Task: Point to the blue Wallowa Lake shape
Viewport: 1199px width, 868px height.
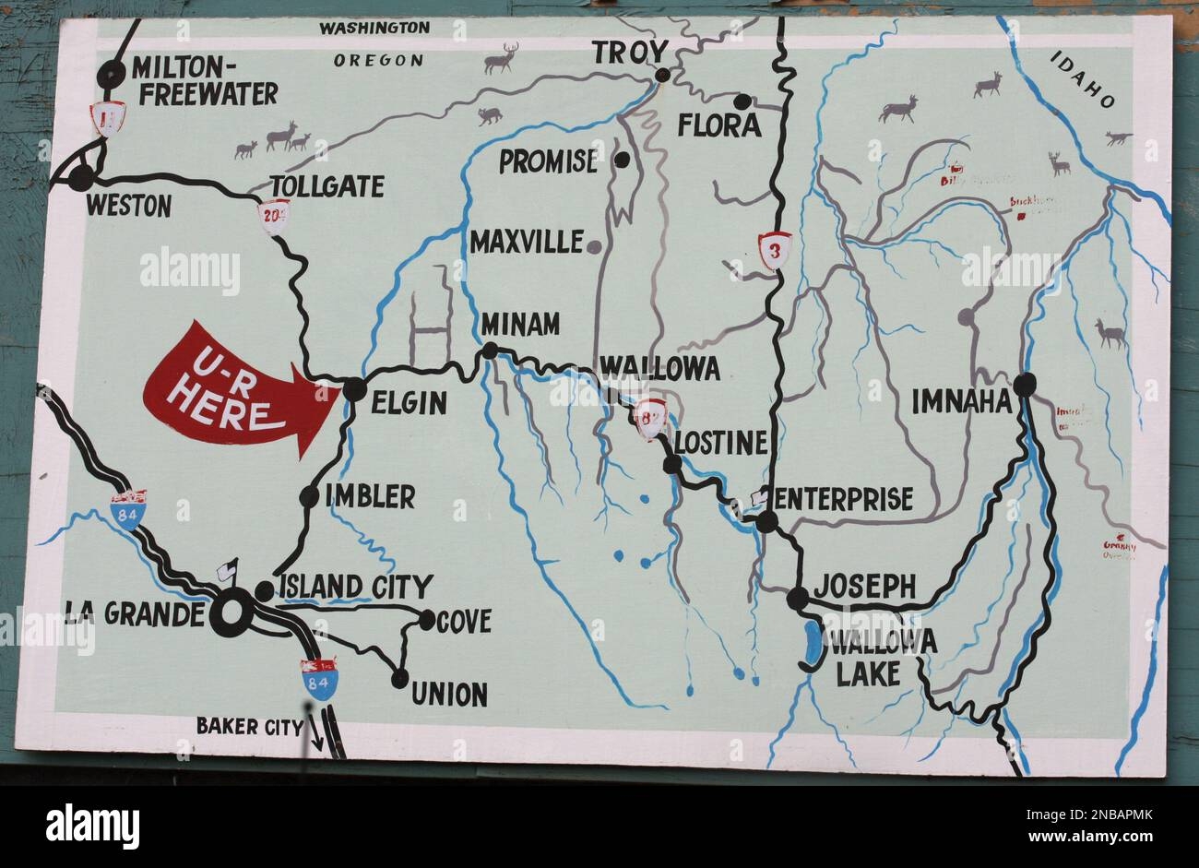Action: click(x=813, y=645)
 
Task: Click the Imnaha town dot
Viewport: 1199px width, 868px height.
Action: click(x=1024, y=384)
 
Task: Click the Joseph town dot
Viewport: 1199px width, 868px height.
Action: click(x=797, y=599)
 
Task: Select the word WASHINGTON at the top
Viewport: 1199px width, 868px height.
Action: click(x=374, y=28)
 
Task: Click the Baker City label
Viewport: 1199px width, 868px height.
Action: click(x=249, y=726)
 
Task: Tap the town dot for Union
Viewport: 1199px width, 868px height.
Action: click(x=399, y=679)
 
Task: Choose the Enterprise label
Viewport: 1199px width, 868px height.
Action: click(x=844, y=499)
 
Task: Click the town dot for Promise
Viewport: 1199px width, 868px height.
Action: click(x=623, y=160)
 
